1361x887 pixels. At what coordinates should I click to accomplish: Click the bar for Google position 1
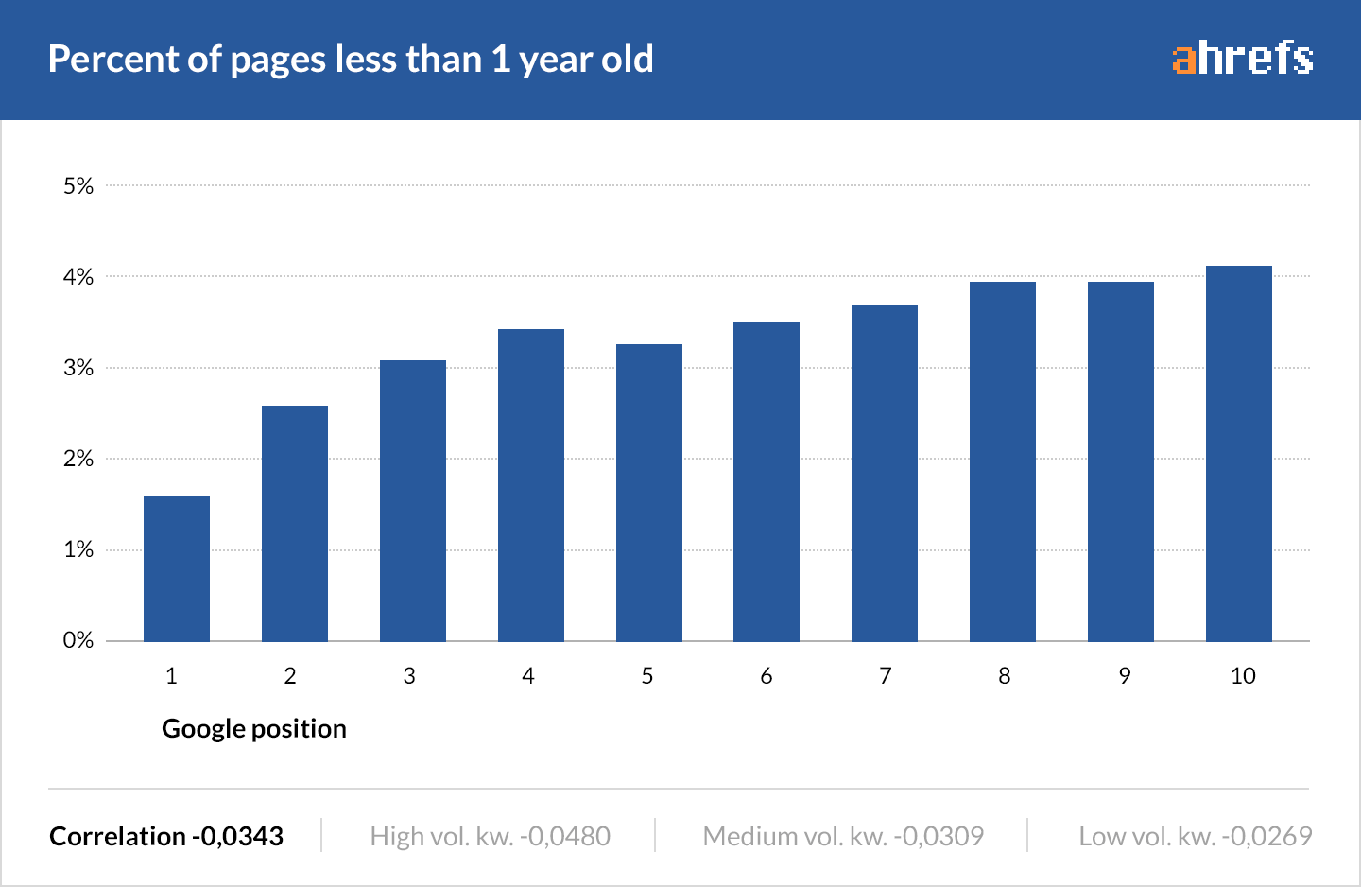[177, 568]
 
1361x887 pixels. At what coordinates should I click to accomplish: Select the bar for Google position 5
[649, 493]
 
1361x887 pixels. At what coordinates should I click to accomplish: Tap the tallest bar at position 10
[1239, 454]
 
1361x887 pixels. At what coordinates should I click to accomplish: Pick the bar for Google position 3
[413, 501]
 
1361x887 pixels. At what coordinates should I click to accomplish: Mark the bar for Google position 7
[885, 473]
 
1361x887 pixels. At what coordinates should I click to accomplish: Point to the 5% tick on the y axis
[78, 186]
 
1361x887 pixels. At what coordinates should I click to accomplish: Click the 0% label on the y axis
[78, 640]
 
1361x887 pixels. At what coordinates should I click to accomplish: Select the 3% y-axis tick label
[78, 368]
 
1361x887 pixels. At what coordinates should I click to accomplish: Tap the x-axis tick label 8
[1004, 676]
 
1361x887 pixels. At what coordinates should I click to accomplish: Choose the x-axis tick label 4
[528, 676]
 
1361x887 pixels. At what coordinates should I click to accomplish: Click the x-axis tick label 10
[1243, 676]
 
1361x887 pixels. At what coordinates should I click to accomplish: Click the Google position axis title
[254, 729]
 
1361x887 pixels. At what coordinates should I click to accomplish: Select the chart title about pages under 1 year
[351, 60]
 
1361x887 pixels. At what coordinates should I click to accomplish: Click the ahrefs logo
[1243, 58]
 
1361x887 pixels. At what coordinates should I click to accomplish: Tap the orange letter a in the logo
[1184, 60]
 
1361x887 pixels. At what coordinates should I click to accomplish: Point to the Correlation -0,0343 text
[166, 837]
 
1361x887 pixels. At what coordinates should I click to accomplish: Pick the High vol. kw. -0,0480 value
[490, 837]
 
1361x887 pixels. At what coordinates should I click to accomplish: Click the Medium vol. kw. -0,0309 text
[843, 837]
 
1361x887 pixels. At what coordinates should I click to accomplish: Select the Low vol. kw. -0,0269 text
[1196, 837]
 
